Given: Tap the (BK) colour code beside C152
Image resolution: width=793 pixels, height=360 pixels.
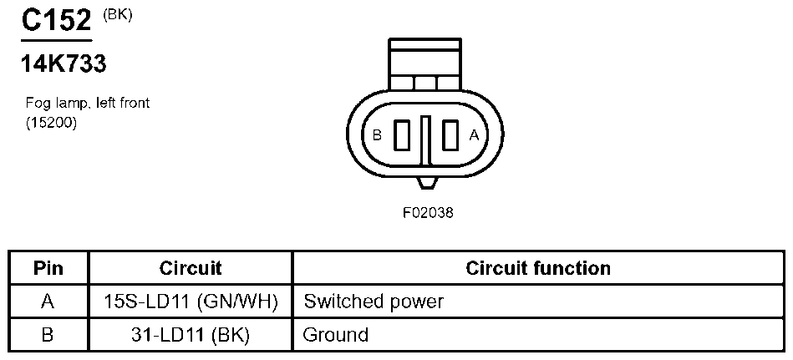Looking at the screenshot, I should (117, 13).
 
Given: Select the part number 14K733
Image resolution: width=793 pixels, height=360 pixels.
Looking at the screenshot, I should (64, 63).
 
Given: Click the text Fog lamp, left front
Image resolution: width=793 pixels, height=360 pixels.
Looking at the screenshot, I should (88, 103).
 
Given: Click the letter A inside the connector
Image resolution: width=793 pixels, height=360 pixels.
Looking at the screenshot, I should (475, 134).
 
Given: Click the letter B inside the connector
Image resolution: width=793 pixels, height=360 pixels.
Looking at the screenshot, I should (377, 134).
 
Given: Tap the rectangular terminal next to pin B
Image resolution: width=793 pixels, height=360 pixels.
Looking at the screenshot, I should (403, 134).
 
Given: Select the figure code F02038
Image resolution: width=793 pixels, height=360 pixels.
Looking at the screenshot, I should (427, 212).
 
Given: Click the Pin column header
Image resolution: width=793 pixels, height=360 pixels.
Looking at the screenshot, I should (48, 268).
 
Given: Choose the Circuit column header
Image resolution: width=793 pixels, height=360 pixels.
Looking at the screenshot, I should (191, 268).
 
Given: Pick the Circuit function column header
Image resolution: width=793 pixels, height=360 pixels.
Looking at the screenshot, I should (538, 268).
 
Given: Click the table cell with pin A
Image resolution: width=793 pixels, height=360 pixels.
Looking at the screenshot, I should (48, 301).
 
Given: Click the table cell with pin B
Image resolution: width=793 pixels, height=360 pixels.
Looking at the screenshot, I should (48, 335).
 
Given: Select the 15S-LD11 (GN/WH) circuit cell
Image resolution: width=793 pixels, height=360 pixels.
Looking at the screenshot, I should (191, 301).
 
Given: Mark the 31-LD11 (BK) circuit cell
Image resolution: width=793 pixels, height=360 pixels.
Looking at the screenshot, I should (191, 335).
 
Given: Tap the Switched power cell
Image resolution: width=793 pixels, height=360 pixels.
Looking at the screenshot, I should (374, 301).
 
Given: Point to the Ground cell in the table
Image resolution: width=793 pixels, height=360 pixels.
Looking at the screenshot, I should (335, 335).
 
